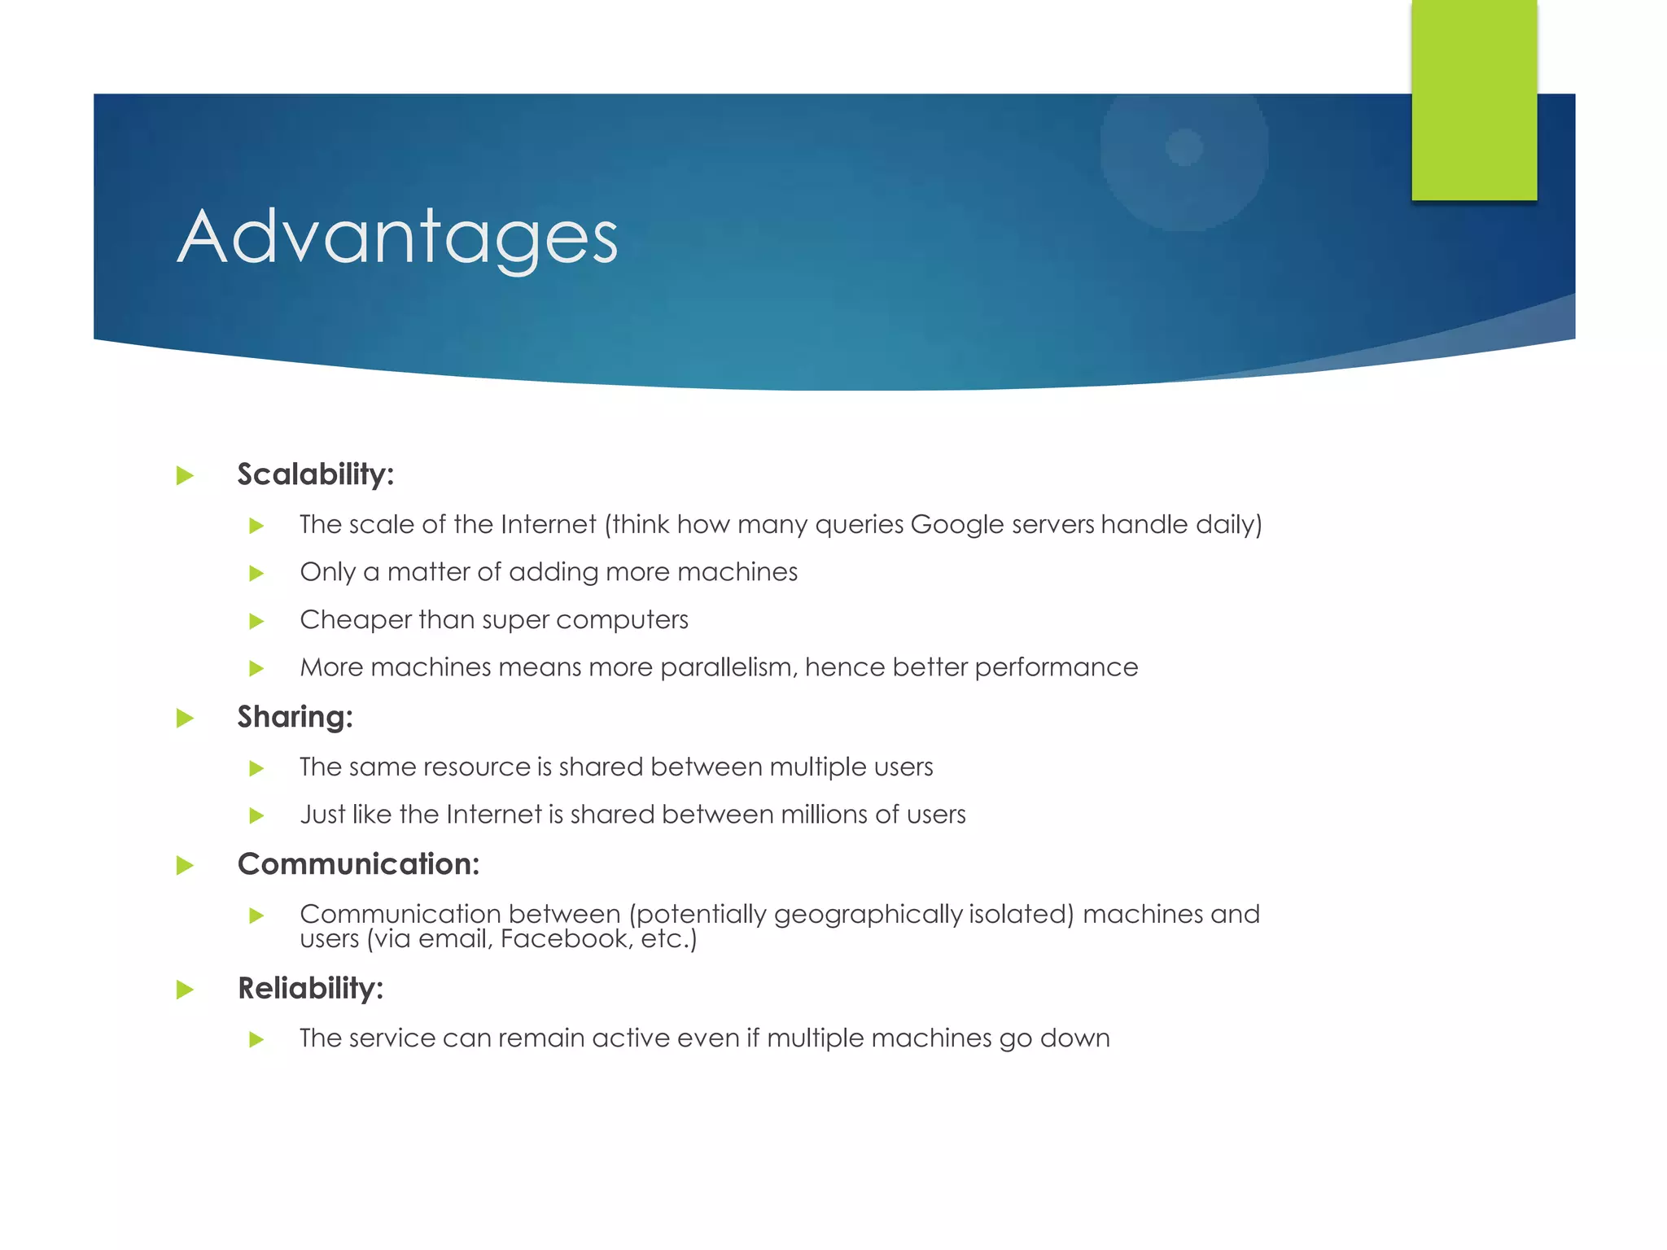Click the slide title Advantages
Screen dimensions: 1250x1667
point(397,236)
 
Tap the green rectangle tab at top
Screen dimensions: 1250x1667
point(1473,99)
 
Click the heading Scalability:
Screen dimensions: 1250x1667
point(315,474)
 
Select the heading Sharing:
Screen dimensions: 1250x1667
point(295,717)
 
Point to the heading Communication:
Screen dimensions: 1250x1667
point(358,864)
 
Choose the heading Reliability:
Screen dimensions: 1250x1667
point(310,989)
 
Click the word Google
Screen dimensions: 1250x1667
point(957,525)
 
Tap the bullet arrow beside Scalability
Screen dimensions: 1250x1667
point(186,475)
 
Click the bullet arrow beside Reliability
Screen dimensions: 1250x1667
point(186,990)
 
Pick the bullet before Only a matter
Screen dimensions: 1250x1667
point(256,573)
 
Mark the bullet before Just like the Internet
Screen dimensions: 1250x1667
point(256,815)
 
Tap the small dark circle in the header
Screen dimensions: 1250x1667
point(1184,147)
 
